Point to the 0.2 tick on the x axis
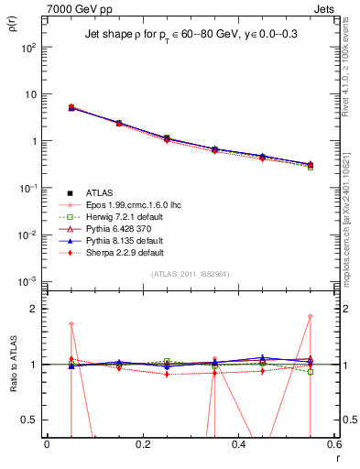[x=142, y=444]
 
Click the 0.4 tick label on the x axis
[x=238, y=444]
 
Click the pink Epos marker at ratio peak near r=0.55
[x=311, y=317]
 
